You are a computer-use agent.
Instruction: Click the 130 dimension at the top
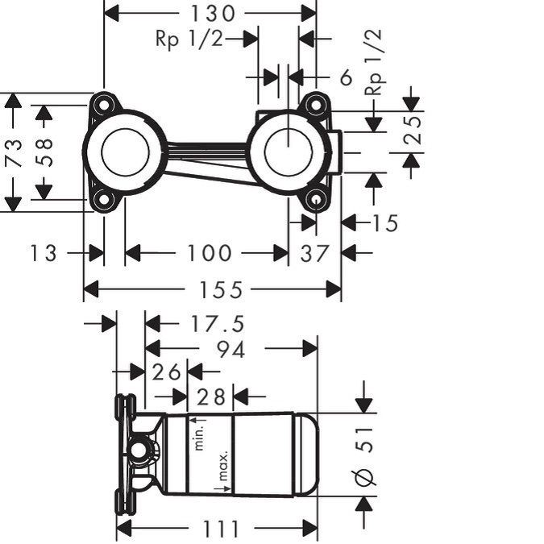pyautogui.click(x=213, y=14)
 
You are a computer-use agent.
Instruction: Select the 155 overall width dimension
pyautogui.click(x=221, y=290)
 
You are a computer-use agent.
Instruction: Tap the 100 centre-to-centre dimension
pyautogui.click(x=209, y=253)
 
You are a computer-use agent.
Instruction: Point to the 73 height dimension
pyautogui.click(x=14, y=152)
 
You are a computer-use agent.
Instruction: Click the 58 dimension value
pyautogui.click(x=44, y=152)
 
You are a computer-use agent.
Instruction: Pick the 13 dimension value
pyautogui.click(x=44, y=253)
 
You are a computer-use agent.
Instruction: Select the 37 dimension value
pyautogui.click(x=314, y=253)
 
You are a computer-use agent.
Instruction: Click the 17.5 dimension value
pyautogui.click(x=218, y=324)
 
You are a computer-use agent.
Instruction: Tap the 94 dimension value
pyautogui.click(x=231, y=349)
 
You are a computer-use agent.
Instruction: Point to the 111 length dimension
pyautogui.click(x=221, y=529)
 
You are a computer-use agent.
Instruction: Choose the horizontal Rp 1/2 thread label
pyautogui.click(x=189, y=38)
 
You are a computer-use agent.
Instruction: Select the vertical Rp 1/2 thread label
pyautogui.click(x=374, y=62)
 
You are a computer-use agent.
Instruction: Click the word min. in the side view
pyautogui.click(x=199, y=438)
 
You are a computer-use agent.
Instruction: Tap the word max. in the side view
pyautogui.click(x=223, y=466)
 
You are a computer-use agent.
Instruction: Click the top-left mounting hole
pyautogui.click(x=103, y=105)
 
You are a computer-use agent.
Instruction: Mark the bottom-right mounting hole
pyautogui.click(x=315, y=200)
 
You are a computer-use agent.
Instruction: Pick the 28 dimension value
pyautogui.click(x=211, y=397)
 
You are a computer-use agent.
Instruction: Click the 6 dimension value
pyautogui.click(x=346, y=77)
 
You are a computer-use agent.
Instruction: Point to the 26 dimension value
pyautogui.click(x=167, y=372)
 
